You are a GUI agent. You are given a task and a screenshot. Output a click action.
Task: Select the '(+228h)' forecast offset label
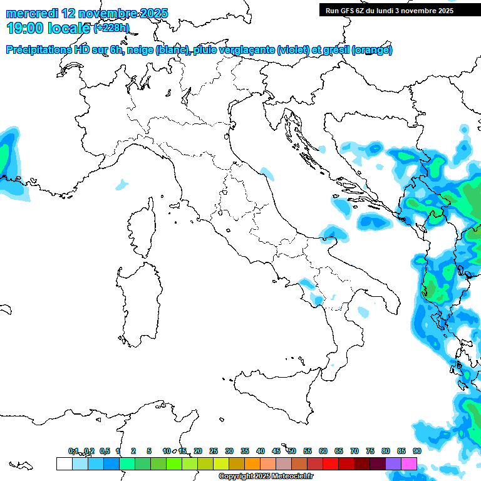(x=111, y=28)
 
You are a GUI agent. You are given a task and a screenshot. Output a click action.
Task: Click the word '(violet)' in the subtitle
(x=297, y=50)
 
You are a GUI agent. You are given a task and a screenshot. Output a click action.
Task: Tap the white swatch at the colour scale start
(x=64, y=464)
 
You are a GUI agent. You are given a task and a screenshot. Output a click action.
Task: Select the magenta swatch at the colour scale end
(x=409, y=464)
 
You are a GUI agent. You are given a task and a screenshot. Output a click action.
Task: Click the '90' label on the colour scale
(x=416, y=451)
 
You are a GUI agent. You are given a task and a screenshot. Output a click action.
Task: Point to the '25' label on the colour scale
(x=213, y=451)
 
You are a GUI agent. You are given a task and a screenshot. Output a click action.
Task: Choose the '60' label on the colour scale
(x=323, y=451)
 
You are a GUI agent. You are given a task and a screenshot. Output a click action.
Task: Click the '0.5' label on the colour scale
(x=105, y=451)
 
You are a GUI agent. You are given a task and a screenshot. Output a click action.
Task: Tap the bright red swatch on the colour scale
(x=331, y=464)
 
